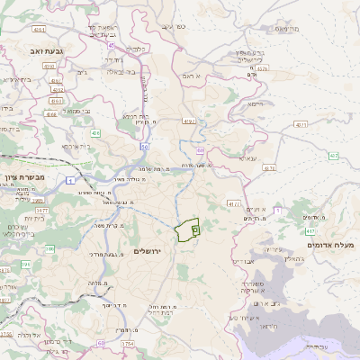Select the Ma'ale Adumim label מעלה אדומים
click(x=331, y=245)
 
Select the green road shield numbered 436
click(x=95, y=132)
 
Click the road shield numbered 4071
click(x=301, y=125)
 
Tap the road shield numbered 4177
click(x=234, y=204)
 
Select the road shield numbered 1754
click(x=128, y=343)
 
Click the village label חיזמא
click(x=258, y=104)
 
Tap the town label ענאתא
click(x=247, y=157)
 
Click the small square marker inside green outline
click(x=195, y=230)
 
